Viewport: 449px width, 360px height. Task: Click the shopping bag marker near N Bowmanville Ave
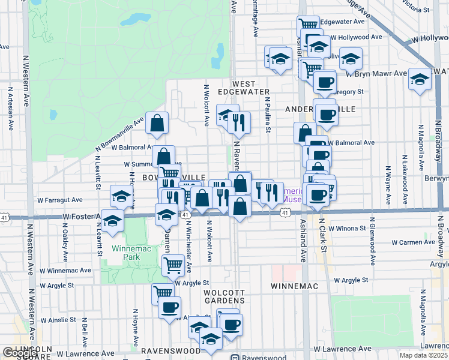pyautogui.click(x=157, y=124)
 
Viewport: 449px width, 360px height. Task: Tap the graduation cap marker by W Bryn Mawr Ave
pyautogui.click(x=420, y=79)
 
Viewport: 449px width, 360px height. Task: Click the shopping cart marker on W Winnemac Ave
pyautogui.click(x=173, y=264)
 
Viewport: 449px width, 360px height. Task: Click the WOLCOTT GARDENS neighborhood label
pyautogui.click(x=223, y=296)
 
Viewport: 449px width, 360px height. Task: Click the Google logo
pyautogui.click(x=20, y=353)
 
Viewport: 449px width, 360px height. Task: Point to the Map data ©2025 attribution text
pyautogui.click(x=424, y=355)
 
